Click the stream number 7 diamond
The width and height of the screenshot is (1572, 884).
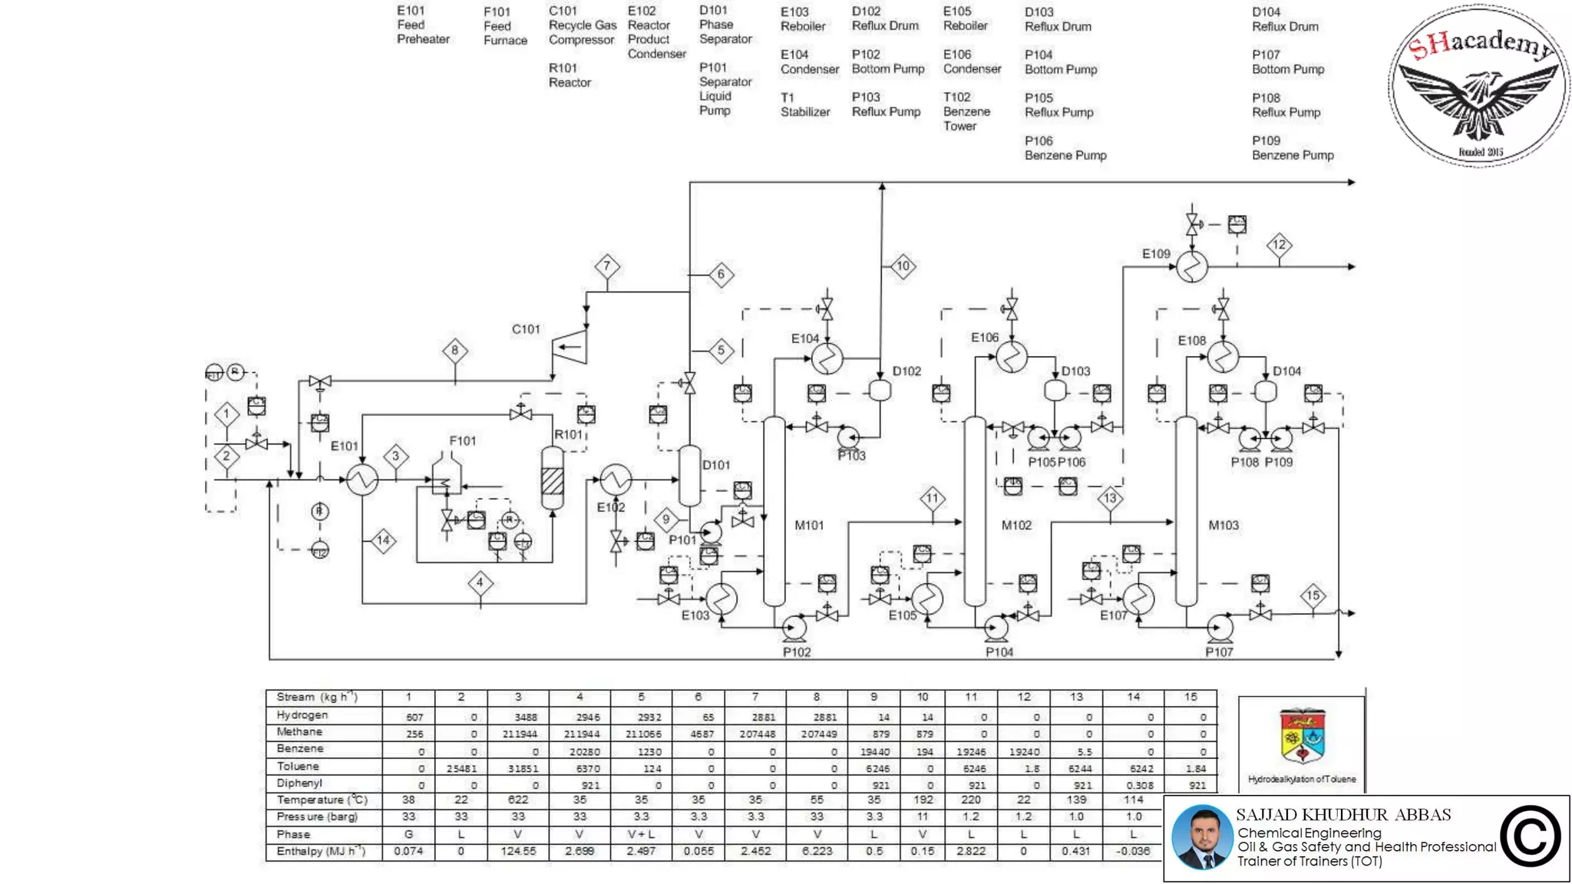tap(606, 266)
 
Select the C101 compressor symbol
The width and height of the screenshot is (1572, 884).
tap(570, 347)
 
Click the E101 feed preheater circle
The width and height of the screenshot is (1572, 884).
tap(362, 480)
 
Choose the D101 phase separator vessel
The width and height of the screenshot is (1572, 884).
tap(689, 476)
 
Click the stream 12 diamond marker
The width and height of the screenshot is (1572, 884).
tap(1279, 245)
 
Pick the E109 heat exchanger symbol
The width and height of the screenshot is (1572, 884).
tap(1192, 266)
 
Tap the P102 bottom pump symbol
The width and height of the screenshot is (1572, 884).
tap(794, 628)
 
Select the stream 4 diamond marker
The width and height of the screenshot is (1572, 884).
tap(480, 582)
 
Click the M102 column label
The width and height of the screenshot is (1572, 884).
tap(1016, 526)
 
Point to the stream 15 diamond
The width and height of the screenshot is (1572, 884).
tap(1313, 595)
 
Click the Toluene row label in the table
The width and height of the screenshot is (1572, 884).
tap(298, 767)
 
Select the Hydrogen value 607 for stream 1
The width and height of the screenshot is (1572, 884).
tap(414, 717)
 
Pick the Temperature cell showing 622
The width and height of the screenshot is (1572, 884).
tap(518, 800)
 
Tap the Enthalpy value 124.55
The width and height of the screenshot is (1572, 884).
tap(518, 851)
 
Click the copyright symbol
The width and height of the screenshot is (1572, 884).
tap(1530, 836)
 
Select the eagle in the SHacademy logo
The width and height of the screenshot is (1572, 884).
tap(1478, 100)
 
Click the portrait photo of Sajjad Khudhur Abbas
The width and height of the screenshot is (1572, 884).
tap(1202, 837)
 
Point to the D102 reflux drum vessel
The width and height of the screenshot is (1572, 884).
tap(880, 391)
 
